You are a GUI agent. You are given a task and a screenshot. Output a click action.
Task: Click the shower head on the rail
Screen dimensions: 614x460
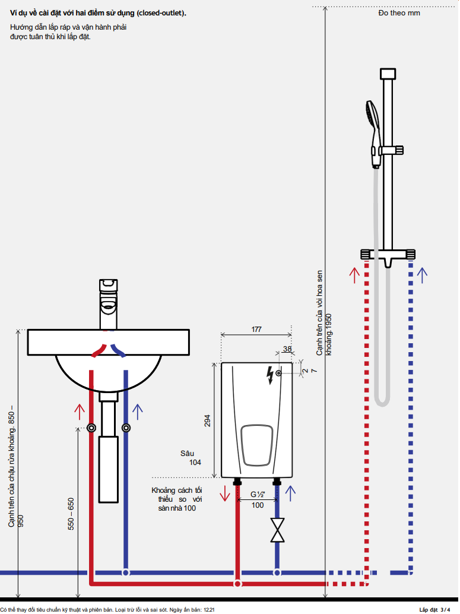coord(373,116)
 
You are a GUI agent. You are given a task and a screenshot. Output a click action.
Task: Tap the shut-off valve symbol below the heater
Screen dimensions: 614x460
coord(277,530)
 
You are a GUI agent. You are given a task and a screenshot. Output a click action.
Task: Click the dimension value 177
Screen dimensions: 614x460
coord(256,328)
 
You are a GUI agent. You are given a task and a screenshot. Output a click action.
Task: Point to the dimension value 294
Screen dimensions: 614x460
coord(207,420)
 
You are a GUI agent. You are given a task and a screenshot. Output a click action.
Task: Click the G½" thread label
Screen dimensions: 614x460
coord(256,494)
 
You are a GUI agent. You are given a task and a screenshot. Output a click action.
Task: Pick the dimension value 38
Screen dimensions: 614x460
coord(287,349)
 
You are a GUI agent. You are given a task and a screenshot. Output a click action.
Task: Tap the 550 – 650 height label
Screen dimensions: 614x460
coord(71,514)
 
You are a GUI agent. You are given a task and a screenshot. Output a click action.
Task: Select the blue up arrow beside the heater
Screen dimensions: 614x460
coord(290,493)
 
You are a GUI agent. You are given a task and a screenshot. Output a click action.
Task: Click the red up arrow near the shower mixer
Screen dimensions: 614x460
coord(354,275)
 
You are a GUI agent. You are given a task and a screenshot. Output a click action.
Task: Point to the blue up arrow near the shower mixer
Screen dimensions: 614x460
coord(422,275)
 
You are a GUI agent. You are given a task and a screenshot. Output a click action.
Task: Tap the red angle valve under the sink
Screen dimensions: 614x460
coord(91,428)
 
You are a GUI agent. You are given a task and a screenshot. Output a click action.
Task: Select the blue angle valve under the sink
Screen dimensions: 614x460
coord(125,428)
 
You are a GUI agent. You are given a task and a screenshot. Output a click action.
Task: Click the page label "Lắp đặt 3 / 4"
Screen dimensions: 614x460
coord(439,610)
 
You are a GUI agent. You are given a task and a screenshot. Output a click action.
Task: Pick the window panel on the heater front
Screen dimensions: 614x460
coord(257,445)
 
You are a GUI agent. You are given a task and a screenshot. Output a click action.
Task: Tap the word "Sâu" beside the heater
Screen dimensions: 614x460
coord(188,453)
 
